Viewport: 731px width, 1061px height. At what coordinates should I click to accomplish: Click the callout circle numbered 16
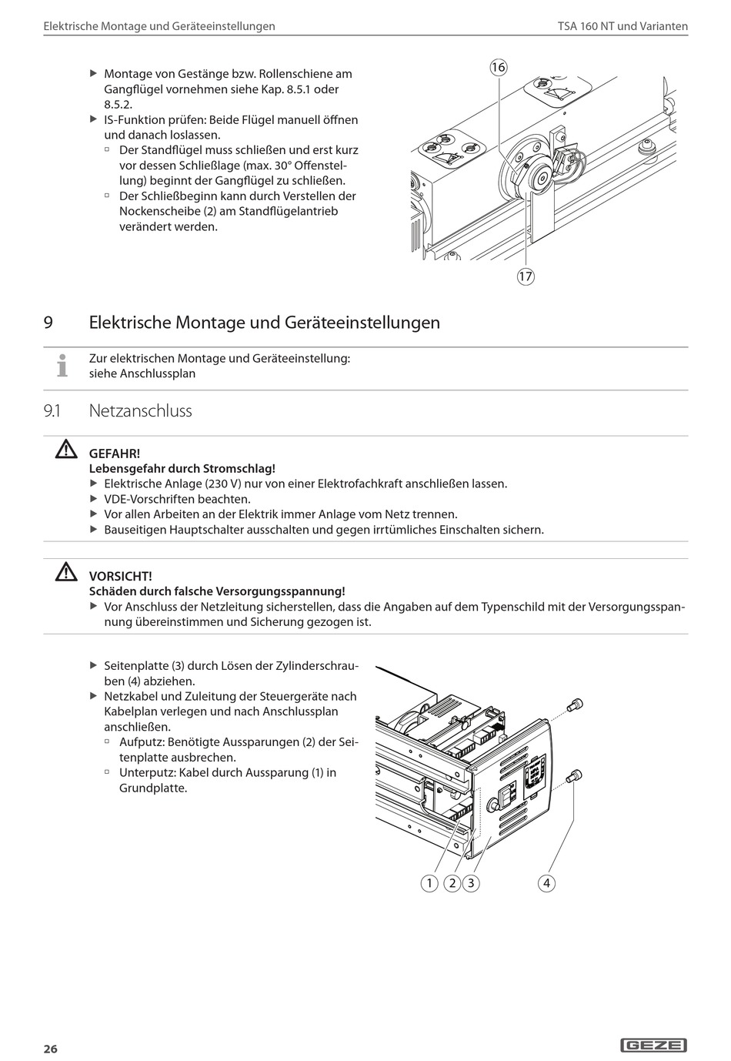(x=498, y=68)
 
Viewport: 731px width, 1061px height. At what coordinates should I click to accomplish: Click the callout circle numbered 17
(x=525, y=276)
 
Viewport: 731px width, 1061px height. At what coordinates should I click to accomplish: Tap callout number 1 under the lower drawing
(x=429, y=883)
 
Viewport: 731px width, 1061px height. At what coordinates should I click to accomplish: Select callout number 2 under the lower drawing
(x=452, y=883)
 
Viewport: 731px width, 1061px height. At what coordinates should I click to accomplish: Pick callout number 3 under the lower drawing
(x=470, y=883)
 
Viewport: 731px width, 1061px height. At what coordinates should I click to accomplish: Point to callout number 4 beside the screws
(x=546, y=883)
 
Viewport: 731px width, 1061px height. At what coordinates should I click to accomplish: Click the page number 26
(x=50, y=1049)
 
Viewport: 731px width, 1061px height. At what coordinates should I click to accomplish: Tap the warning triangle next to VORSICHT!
(x=66, y=573)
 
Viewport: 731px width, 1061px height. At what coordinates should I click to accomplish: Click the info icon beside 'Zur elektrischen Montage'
(x=62, y=366)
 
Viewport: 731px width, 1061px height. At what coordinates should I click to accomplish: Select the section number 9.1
(x=53, y=411)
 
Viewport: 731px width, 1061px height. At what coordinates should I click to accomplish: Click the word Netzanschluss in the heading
(x=141, y=411)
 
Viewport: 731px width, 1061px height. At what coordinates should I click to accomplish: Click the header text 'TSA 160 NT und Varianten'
(x=623, y=26)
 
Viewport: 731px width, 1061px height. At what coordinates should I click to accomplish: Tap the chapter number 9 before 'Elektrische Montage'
(x=48, y=322)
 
